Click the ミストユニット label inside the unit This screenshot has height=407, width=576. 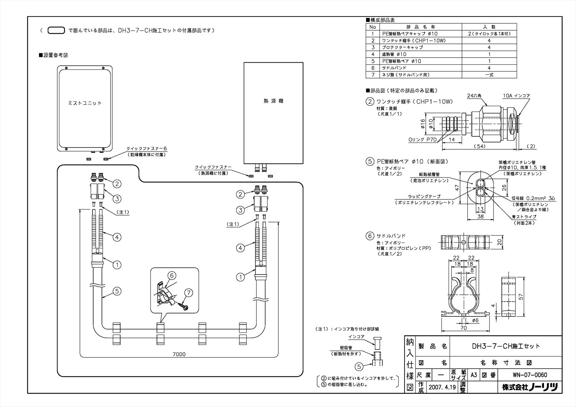85,103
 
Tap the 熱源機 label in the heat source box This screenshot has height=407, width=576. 274,101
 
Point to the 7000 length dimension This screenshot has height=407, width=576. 179,354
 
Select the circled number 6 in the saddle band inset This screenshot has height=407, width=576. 172,276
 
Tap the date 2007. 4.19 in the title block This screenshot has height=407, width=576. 442,387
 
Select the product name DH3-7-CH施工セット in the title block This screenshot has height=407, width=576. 506,346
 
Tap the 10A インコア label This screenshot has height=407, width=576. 517,96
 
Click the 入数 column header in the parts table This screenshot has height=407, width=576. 489,27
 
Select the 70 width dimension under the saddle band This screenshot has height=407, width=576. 464,328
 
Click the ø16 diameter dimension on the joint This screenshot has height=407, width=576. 422,124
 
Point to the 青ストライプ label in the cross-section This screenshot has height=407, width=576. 524,217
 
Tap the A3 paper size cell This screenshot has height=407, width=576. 474,375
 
